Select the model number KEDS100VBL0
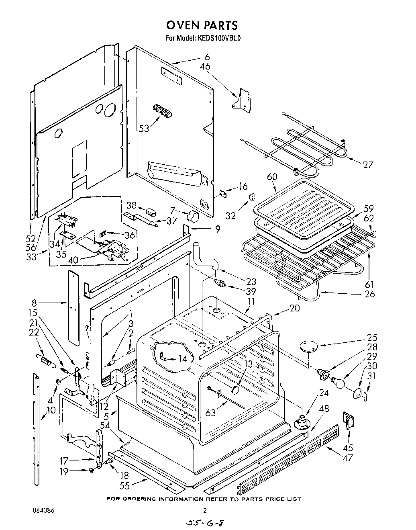(218, 39)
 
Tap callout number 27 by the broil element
(367, 164)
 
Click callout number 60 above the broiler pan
(272, 177)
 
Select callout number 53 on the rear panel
(144, 128)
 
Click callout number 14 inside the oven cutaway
(182, 359)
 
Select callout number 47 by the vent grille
(348, 457)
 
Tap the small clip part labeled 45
(348, 422)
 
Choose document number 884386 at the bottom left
(43, 510)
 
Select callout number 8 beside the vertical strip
(35, 302)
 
